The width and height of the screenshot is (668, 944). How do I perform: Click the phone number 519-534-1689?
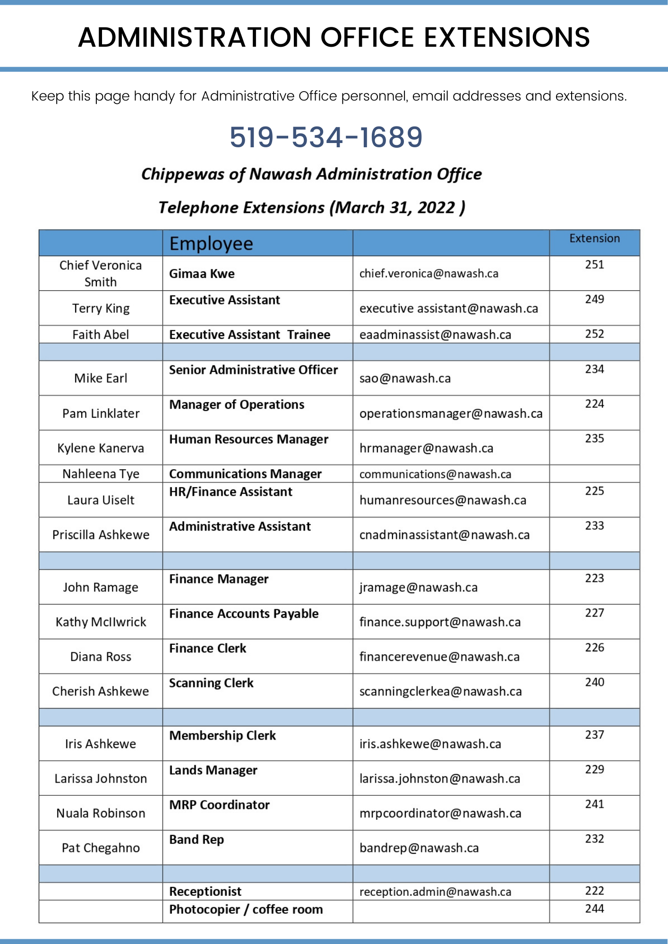[326, 137]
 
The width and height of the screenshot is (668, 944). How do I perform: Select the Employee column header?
[211, 244]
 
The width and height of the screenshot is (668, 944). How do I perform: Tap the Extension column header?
[594, 238]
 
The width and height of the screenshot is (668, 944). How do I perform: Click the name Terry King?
[101, 308]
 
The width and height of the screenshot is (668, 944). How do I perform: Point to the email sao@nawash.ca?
[405, 378]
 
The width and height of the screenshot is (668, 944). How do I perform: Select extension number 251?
[594, 265]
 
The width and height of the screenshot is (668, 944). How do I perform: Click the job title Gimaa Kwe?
[202, 274]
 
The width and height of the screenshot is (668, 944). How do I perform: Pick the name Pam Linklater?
[101, 413]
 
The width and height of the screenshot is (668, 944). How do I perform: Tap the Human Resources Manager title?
[248, 439]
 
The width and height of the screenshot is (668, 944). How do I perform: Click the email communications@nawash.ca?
[435, 474]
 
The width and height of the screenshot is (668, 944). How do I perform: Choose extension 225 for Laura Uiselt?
[594, 491]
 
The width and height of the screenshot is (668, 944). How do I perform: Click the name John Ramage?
[101, 587]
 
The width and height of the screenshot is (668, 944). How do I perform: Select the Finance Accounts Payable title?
[244, 614]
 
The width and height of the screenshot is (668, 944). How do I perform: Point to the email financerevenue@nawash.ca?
[439, 657]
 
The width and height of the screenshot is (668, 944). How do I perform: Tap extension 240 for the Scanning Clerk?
[594, 682]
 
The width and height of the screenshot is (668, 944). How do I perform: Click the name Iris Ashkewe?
[101, 744]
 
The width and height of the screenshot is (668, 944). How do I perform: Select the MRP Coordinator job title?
[219, 805]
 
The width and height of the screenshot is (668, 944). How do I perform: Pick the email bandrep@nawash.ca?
[419, 848]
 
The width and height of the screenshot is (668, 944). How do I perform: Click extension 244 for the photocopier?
[594, 909]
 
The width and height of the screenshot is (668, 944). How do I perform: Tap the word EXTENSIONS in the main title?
[506, 37]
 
